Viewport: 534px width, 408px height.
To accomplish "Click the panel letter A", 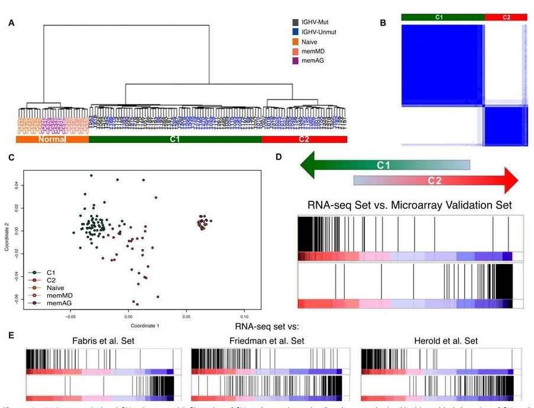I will (11, 24).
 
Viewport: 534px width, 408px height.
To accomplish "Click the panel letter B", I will (383, 23).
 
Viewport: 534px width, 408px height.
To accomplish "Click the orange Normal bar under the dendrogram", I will (51, 140).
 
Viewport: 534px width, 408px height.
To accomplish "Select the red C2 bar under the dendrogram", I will (304, 140).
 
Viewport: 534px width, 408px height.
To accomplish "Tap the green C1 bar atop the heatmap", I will (442, 18).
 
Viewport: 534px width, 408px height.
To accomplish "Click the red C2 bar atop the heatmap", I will (506, 18).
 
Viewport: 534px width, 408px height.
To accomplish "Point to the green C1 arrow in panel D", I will (384, 165).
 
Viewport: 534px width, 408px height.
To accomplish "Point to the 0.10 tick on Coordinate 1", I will (243, 316).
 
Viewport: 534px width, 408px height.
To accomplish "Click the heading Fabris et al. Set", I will (99, 341).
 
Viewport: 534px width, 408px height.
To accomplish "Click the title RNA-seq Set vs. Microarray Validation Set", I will (410, 205).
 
